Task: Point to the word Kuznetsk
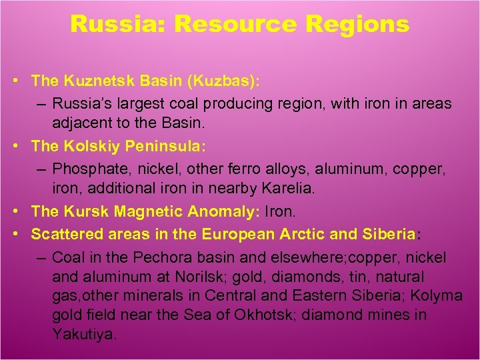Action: [92, 81]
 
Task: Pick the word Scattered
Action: [63, 234]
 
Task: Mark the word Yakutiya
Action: [84, 334]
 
